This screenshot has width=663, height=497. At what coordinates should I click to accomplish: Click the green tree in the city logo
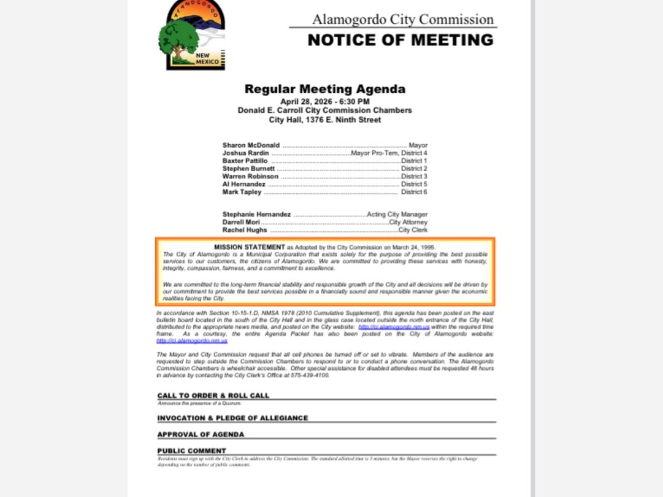click(178, 39)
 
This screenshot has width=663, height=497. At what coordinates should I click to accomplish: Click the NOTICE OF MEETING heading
click(401, 40)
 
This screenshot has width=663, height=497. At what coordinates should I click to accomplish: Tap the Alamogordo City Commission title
click(403, 19)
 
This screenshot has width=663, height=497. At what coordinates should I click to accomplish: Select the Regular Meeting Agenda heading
click(325, 89)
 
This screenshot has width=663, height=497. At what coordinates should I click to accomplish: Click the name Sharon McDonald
click(251, 145)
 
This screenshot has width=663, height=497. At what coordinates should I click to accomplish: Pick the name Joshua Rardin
click(246, 153)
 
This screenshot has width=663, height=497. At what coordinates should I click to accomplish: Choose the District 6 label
click(414, 192)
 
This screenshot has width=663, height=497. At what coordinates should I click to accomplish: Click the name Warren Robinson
click(250, 176)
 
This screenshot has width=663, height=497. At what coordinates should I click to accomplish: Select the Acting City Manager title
click(397, 214)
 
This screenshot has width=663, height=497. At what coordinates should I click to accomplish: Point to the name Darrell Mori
click(241, 222)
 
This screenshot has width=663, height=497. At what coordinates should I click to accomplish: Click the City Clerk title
click(413, 230)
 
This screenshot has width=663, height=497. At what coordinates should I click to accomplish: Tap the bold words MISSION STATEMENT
click(249, 247)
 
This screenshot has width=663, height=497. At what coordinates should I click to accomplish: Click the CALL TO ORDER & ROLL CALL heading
click(213, 395)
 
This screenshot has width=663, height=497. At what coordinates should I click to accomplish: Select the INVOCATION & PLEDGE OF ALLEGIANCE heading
click(233, 418)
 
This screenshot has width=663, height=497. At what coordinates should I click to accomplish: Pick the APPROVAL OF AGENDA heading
click(201, 434)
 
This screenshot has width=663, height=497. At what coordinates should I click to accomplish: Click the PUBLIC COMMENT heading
click(192, 451)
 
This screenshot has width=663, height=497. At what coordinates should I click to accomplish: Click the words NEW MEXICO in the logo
click(207, 59)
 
